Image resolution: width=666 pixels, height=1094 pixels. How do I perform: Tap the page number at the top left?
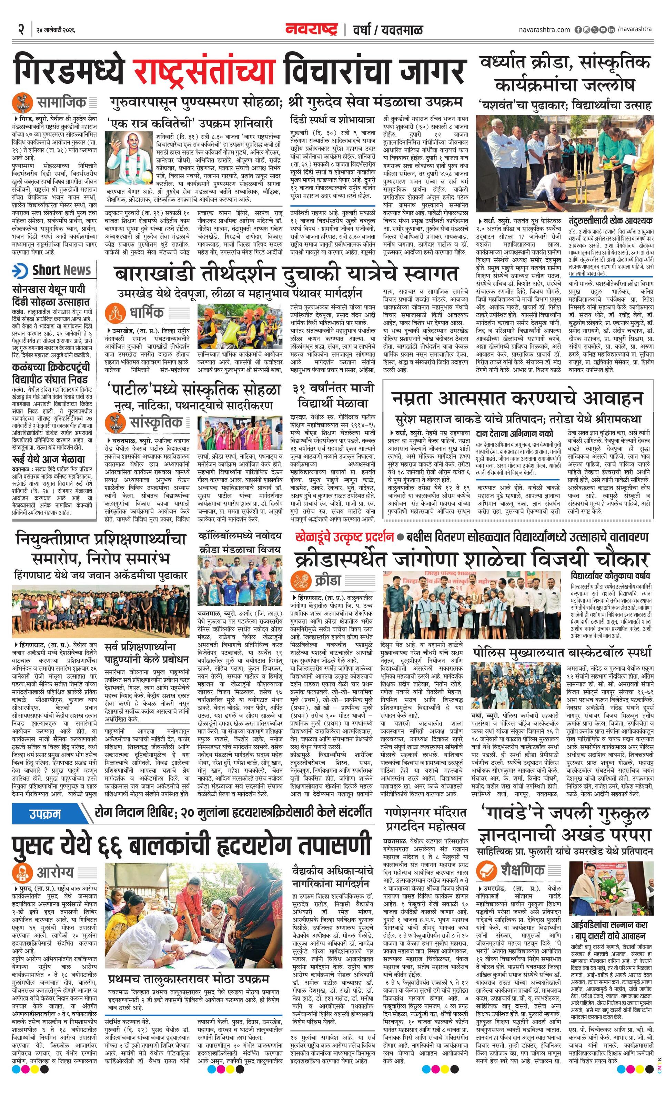[x=20, y=30]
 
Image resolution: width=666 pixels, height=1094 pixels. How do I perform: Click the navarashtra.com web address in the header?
[x=544, y=29]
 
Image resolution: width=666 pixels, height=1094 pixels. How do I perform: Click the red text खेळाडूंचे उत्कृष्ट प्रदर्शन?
[x=344, y=537]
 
